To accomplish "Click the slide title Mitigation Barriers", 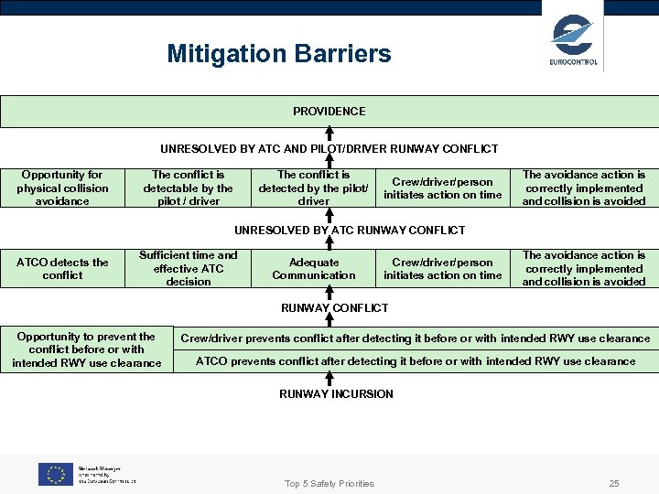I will (278, 54).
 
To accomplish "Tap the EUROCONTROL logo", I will (573, 40).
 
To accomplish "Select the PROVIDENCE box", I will (329, 112).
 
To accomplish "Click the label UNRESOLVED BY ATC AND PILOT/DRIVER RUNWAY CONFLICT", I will (329, 148).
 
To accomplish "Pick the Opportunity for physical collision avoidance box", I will (62, 188).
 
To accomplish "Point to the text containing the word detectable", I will (188, 188).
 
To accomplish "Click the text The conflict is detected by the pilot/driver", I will (313, 188).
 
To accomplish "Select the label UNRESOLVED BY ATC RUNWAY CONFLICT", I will (350, 230).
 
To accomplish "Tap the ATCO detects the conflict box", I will (62, 268).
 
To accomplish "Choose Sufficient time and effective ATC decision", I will (188, 268).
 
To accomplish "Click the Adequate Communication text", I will (313, 268).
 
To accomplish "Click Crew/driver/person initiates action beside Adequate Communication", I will (442, 268).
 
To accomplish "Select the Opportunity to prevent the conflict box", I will (86, 349).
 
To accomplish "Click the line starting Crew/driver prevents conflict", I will (415, 338).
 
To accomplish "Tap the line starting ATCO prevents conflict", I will (415, 361).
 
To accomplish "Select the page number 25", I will (614, 483).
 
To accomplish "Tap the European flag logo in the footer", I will (55, 474).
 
